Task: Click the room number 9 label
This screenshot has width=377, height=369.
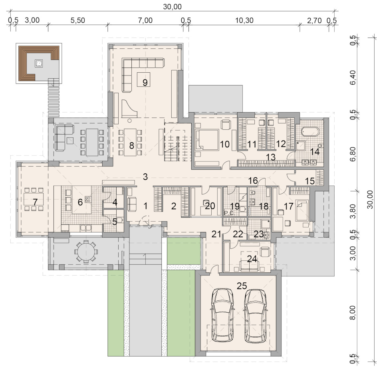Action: coord(145,82)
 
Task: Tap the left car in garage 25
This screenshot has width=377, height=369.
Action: coord(222,315)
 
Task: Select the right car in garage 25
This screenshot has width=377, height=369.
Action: coord(255,315)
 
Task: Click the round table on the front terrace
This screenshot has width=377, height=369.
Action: coord(86,252)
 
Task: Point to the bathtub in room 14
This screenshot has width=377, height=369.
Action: coord(310,132)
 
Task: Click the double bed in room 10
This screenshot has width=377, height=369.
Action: coord(207,140)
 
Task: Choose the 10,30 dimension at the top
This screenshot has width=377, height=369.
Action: coord(244,20)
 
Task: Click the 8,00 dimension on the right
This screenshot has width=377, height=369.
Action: coord(353,313)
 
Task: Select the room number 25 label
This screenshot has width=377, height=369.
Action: coord(242,286)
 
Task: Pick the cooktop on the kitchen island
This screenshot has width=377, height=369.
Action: coord(88,199)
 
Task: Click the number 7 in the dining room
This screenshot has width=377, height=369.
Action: coord(35,202)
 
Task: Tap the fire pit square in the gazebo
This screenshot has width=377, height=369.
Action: coord(38,63)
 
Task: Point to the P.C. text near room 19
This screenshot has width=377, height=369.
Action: coord(229,213)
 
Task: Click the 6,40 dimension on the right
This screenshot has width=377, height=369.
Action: coord(353,79)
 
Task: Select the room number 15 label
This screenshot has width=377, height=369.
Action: coord(310,181)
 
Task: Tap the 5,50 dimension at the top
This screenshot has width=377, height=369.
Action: coord(78,20)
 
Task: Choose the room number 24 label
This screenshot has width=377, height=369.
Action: coord(252,259)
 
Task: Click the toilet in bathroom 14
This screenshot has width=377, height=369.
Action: coord(320,146)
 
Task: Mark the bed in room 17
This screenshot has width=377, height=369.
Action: coord(302,211)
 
